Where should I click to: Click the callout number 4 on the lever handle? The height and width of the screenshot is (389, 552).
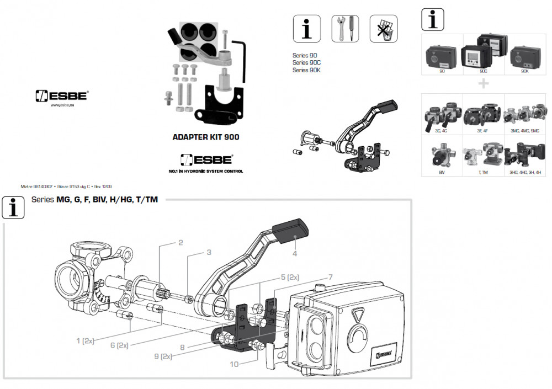click(295, 253)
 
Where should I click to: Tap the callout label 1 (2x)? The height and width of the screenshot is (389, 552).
click(85, 341)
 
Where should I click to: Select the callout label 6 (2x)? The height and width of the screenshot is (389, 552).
click(119, 345)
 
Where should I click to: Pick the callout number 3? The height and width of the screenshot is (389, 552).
click(209, 253)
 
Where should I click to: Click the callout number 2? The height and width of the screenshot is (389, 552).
click(180, 243)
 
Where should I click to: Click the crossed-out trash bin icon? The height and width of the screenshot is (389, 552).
click(383, 28)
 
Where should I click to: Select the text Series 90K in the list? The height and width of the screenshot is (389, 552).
click(306, 70)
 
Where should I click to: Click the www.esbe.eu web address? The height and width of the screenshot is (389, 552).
click(62, 106)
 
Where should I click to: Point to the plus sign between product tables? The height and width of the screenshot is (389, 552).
click(484, 84)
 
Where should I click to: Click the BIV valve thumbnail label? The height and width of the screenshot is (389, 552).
click(441, 173)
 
